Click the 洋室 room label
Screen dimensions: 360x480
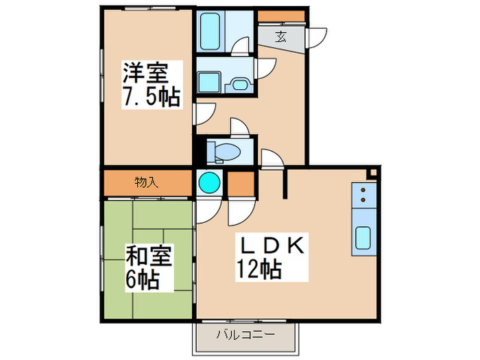click(x=144, y=73)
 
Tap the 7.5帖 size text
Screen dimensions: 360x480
click(x=151, y=97)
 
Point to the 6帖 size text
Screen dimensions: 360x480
click(x=143, y=279)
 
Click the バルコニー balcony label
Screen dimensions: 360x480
click(x=245, y=335)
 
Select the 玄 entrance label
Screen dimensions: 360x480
click(x=281, y=38)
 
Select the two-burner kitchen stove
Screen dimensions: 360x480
click(x=363, y=197)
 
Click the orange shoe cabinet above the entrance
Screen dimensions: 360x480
click(x=281, y=16)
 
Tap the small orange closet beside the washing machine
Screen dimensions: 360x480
click(x=241, y=182)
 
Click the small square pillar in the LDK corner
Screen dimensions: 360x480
click(x=371, y=174)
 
